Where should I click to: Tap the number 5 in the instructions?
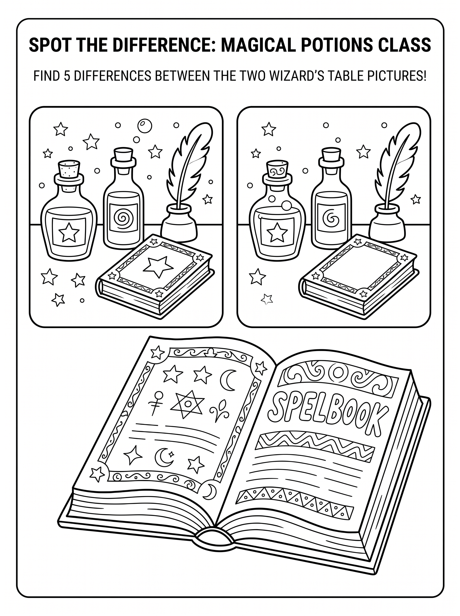(67, 76)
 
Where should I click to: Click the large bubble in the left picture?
(145, 126)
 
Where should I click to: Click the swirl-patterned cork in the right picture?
(277, 170)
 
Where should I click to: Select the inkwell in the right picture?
(387, 221)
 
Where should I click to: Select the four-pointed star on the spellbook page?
(133, 455)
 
